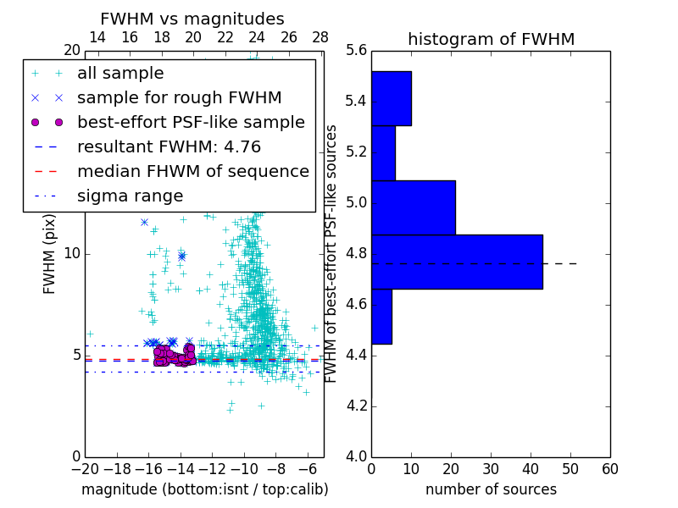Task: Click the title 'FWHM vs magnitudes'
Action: coord(192,19)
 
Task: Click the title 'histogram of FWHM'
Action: coord(491,39)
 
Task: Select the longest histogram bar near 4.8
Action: coord(457,262)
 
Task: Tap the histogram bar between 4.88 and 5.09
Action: coord(414,207)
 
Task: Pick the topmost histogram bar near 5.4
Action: coord(392,98)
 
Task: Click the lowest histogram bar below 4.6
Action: coord(381,316)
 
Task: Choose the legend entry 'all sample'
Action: coord(120,74)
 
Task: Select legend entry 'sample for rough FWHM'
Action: coord(179,97)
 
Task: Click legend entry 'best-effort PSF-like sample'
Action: coord(191,122)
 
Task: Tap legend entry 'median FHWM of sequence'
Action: coord(192,171)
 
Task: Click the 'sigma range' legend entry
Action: coord(130,196)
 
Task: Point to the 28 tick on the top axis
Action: coord(320,37)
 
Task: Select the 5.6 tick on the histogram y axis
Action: coord(356,51)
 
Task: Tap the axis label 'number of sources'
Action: coord(491,489)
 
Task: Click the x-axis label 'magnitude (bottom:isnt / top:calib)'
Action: coord(204,489)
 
